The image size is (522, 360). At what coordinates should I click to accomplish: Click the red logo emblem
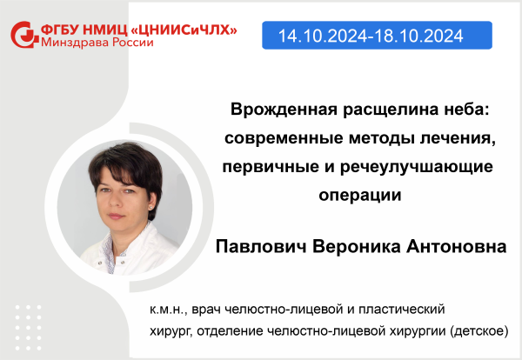(24, 35)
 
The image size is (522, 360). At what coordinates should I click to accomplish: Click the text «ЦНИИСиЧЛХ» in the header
(184, 30)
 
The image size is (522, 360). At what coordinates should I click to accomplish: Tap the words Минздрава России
(97, 43)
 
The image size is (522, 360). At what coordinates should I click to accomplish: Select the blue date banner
(377, 36)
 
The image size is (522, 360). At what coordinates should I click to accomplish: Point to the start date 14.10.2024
(323, 36)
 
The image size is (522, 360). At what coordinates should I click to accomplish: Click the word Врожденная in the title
(284, 110)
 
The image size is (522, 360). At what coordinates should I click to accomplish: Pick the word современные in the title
(284, 138)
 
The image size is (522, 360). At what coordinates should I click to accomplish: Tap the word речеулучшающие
(417, 167)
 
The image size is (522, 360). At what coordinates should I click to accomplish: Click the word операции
(360, 196)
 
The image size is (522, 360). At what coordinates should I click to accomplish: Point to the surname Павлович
(261, 247)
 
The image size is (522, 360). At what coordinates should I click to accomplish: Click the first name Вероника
(356, 247)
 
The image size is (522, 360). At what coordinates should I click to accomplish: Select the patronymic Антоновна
(457, 247)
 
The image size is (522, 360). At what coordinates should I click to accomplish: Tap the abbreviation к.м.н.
(169, 310)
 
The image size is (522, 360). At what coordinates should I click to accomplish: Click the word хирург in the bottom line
(170, 331)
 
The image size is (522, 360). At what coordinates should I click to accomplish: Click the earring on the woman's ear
(151, 207)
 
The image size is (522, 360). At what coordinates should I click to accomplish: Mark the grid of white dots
(29, 328)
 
